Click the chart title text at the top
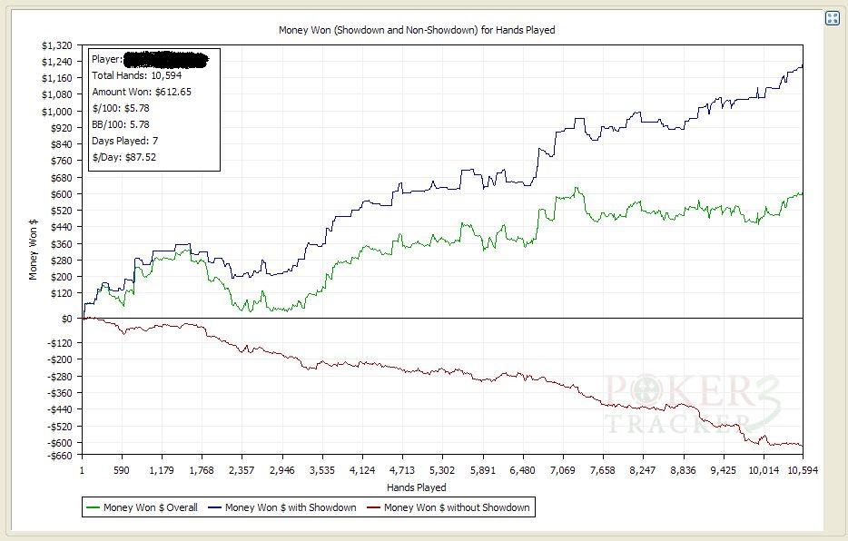416,30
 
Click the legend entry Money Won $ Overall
150,507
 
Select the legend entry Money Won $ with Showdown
290,507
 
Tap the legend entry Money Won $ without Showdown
456,507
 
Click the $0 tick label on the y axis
67,319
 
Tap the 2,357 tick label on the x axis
242,470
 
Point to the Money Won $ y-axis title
34,250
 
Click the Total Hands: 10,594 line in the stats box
136,75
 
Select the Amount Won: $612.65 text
141,92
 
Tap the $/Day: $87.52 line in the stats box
130,157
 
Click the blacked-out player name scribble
165,60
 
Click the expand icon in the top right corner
832,18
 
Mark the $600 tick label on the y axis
60,194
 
